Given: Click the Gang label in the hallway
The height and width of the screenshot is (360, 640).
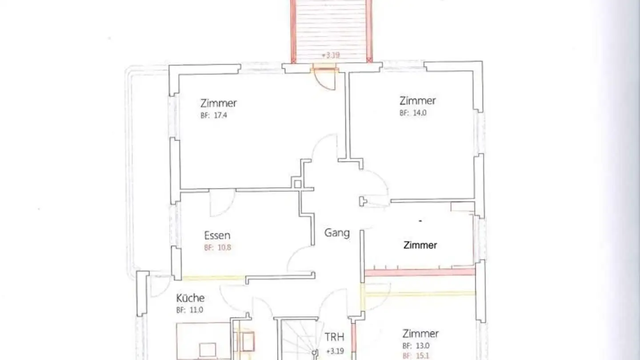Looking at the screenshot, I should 336,233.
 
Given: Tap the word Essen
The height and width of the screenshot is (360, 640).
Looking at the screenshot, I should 217,236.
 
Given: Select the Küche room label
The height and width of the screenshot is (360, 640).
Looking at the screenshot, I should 190,298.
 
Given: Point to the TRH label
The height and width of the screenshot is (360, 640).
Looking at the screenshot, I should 335,337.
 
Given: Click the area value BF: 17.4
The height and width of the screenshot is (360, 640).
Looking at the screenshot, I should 214,116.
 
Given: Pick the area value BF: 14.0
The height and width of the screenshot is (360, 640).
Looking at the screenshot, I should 413,113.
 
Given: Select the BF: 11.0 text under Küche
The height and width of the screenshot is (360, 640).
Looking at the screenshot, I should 189,310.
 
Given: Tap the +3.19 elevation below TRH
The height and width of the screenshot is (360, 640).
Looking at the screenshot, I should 334,351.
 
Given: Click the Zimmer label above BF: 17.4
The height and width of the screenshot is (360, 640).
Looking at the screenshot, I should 218,104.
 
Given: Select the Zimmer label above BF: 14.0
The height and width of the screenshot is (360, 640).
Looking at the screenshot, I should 417,101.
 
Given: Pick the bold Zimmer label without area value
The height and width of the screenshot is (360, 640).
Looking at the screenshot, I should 420,245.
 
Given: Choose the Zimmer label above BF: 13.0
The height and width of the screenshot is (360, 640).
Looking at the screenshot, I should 420,334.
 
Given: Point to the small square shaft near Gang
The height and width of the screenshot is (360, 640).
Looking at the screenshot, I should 297,184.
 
